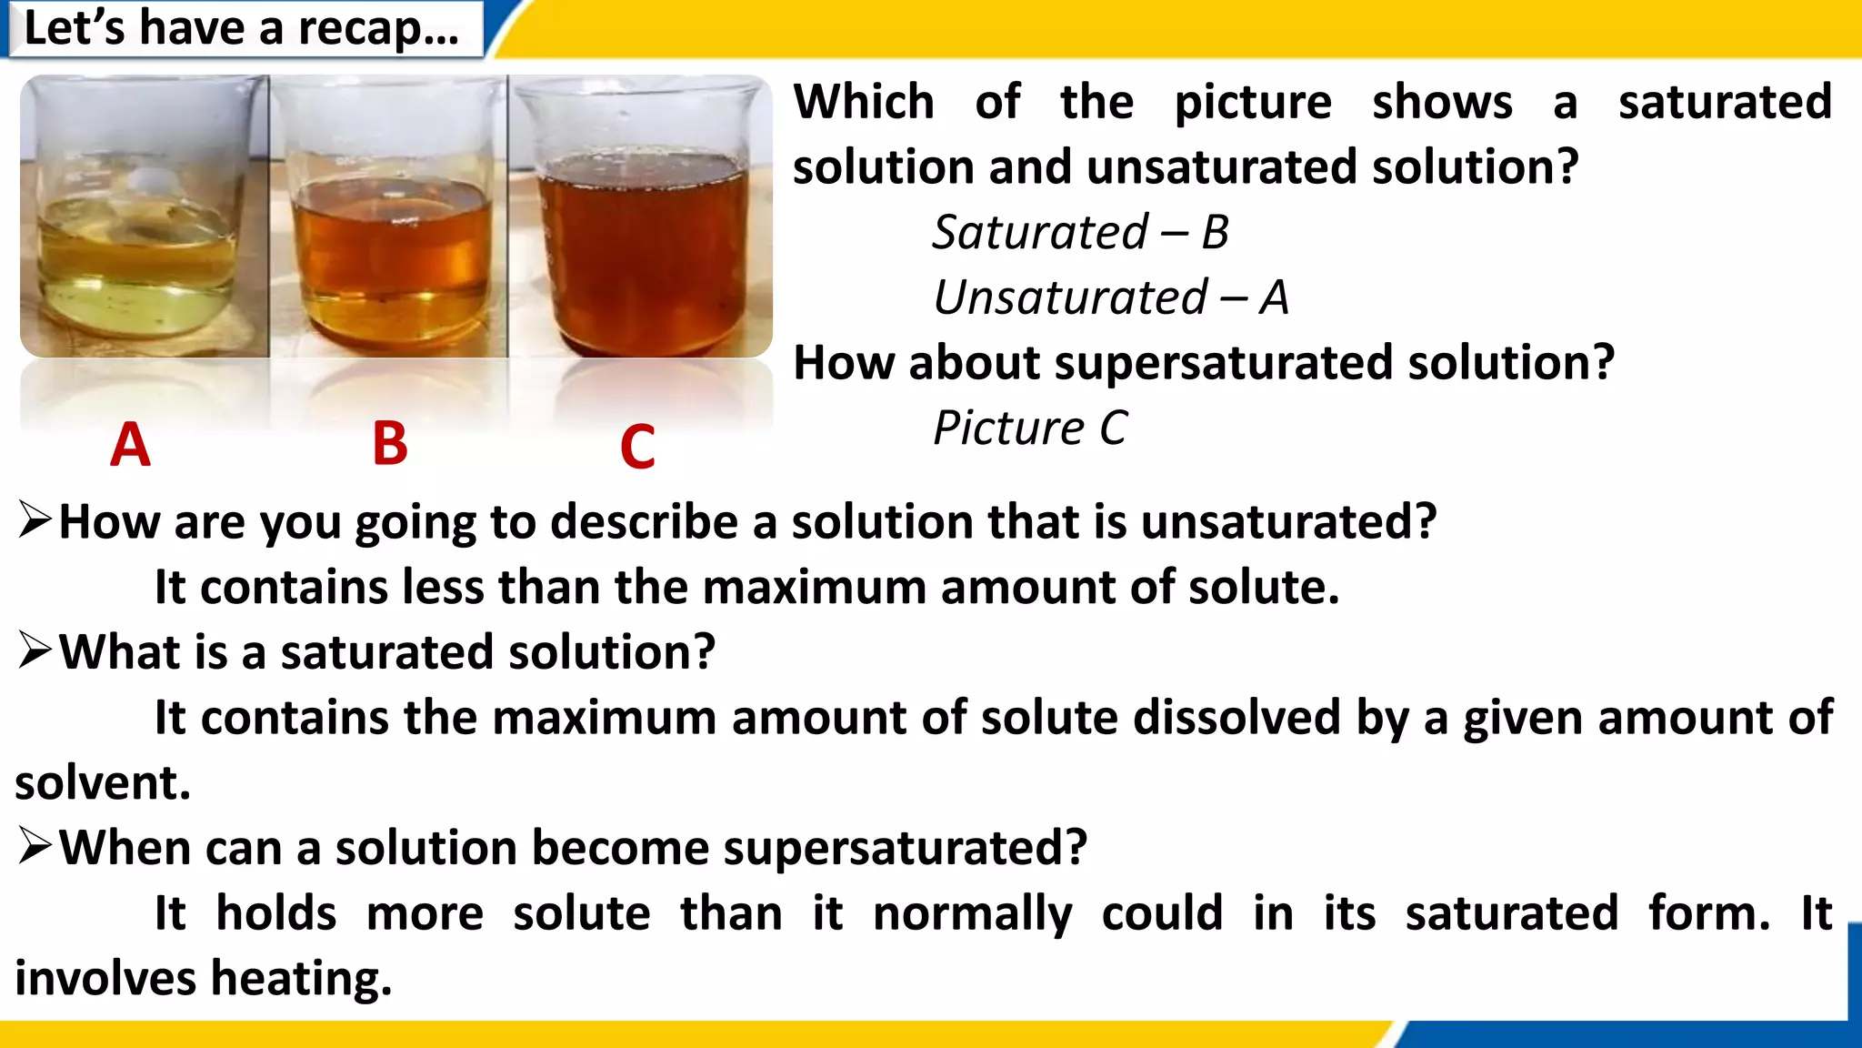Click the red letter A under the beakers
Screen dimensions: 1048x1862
pos(130,445)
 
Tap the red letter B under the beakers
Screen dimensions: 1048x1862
pos(390,445)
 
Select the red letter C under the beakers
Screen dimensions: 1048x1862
pos(637,447)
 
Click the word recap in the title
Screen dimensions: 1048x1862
pos(377,28)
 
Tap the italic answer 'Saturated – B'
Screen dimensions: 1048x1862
pos(1080,232)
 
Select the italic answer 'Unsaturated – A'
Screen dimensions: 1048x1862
pos(1110,297)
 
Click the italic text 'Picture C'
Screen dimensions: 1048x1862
pos(1029,428)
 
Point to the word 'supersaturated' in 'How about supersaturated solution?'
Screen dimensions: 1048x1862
pos(1224,362)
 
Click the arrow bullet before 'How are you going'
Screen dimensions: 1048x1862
pos(35,520)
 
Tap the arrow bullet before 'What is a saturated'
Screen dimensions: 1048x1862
pos(35,650)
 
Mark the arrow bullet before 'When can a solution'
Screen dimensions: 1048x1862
pos(35,846)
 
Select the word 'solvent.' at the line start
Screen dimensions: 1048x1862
pos(103,782)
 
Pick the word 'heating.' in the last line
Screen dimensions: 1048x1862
pos(301,978)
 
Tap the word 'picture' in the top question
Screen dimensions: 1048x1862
pos(1253,102)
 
